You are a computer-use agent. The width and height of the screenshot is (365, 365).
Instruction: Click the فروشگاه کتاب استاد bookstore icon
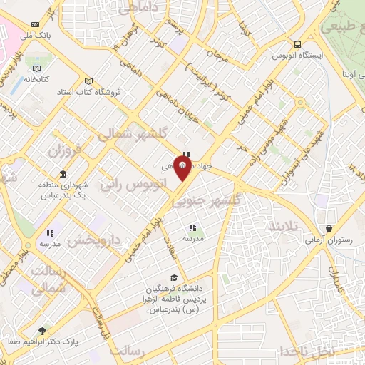pos(88,81)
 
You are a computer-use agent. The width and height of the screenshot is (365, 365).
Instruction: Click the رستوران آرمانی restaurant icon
pos(327,229)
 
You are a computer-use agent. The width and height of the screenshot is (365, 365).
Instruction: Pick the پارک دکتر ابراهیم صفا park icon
pos(42,331)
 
